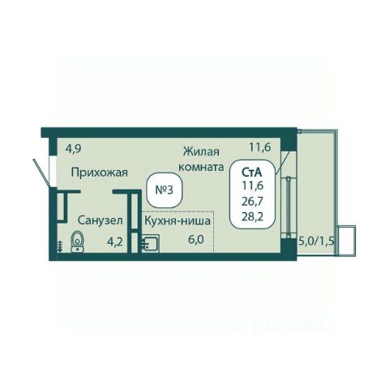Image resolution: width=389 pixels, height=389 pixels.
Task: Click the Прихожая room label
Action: pyautogui.click(x=99, y=173)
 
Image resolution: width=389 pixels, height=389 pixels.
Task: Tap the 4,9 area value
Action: pyautogui.click(x=74, y=149)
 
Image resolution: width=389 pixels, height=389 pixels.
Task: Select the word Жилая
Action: pyautogui.click(x=201, y=152)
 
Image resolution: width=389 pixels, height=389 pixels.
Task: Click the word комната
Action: pyautogui.click(x=201, y=167)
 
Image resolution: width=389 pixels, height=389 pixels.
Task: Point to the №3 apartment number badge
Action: pyautogui.click(x=165, y=190)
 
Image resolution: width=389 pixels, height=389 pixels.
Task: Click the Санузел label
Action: pyautogui.click(x=100, y=220)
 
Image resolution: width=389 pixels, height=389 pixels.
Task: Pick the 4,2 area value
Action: pyautogui.click(x=115, y=242)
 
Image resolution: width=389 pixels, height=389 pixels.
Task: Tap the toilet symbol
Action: pyautogui.click(x=78, y=242)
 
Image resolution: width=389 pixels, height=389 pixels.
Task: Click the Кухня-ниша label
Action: pyautogui.click(x=177, y=220)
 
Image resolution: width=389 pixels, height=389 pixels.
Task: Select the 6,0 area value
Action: pyautogui.click(x=196, y=240)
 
